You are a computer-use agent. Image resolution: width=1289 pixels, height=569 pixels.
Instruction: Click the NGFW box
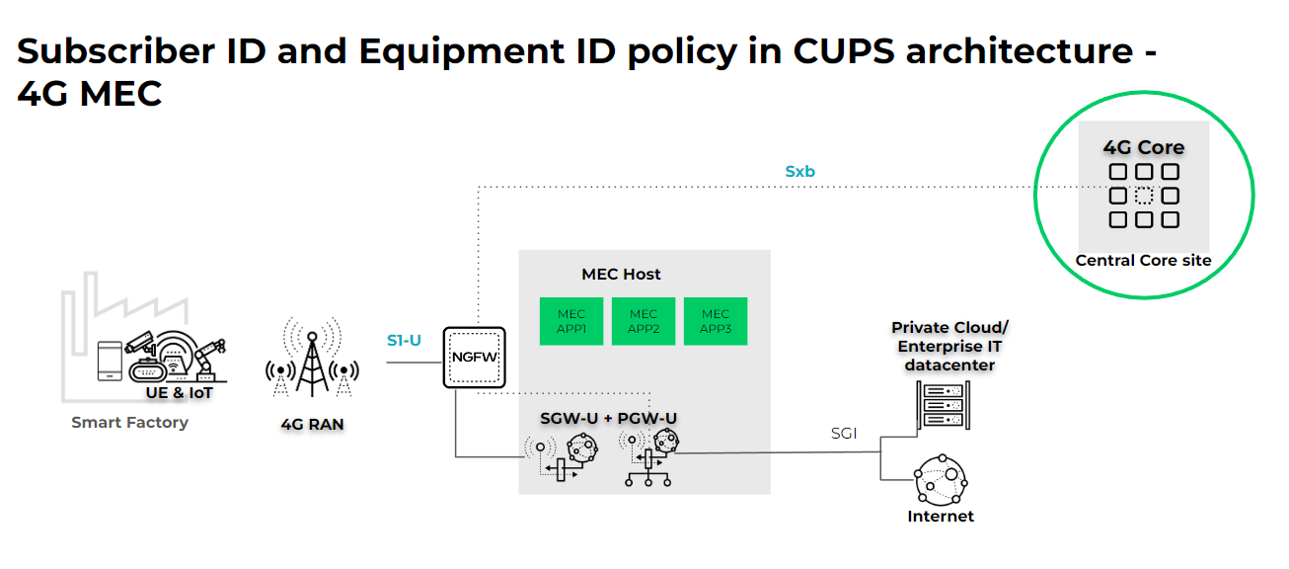tap(475, 358)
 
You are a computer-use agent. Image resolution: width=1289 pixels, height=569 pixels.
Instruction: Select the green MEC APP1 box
tap(571, 321)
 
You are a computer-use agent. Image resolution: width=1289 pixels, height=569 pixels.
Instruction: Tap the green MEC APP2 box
tap(644, 321)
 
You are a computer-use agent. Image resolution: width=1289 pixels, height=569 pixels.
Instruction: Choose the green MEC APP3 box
tap(716, 321)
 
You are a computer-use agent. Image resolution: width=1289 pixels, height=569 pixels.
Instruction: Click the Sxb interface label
tap(800, 171)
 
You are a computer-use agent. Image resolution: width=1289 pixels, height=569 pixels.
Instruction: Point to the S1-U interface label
tap(404, 341)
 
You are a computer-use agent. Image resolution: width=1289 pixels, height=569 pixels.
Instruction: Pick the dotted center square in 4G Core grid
tap(1144, 196)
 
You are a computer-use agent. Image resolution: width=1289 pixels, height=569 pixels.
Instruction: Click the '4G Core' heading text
tap(1143, 148)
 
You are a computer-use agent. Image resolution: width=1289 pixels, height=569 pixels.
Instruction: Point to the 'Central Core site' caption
tap(1143, 261)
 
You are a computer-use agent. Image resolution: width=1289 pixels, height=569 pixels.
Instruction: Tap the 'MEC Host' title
tap(622, 274)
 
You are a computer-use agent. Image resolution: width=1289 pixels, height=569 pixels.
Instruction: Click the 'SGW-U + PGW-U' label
tap(608, 418)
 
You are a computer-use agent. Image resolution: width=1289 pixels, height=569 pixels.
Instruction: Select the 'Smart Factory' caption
tap(129, 422)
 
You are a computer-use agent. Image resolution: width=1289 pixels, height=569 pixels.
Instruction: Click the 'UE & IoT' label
tap(180, 393)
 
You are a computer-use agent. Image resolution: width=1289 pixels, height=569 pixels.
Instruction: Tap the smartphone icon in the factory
tap(110, 361)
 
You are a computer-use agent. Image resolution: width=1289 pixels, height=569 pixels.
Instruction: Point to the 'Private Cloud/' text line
tap(949, 327)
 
